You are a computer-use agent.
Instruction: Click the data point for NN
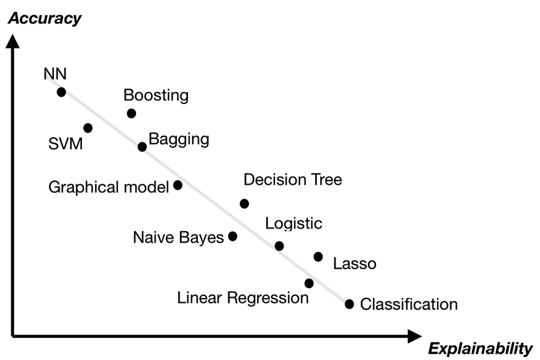tap(61, 92)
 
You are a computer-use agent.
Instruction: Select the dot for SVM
tap(88, 128)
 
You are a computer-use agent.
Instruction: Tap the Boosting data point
tap(132, 114)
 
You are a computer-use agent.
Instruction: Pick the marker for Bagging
tap(142, 147)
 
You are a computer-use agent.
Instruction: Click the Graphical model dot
tap(178, 185)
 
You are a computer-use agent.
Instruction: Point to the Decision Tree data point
tap(245, 204)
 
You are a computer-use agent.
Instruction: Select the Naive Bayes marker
tap(233, 236)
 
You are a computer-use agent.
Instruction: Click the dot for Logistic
tap(279, 246)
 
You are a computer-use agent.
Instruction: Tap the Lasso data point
tap(318, 257)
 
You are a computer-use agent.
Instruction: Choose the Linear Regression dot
tap(309, 283)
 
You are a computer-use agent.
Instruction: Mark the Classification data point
tap(349, 304)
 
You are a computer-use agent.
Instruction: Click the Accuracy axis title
tap(44, 18)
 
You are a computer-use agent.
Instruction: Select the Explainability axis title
tap(480, 348)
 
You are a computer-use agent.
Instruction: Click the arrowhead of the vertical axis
tap(12, 41)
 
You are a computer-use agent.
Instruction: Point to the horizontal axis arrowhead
tap(414, 336)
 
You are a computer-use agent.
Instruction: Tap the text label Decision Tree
tap(293, 180)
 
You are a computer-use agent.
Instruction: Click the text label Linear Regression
tap(243, 297)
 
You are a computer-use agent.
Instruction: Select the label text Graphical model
tap(109, 187)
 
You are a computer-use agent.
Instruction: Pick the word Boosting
tap(156, 95)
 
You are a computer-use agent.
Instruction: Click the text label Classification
tap(408, 304)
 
